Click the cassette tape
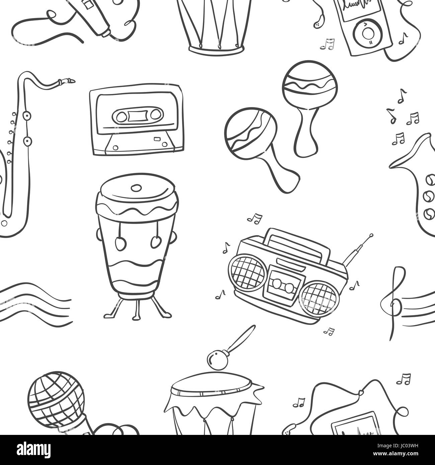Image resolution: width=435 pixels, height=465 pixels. [137, 119]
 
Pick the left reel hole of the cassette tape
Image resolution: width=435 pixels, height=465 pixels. [119, 116]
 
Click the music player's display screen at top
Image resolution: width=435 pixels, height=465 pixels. [358, 7]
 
